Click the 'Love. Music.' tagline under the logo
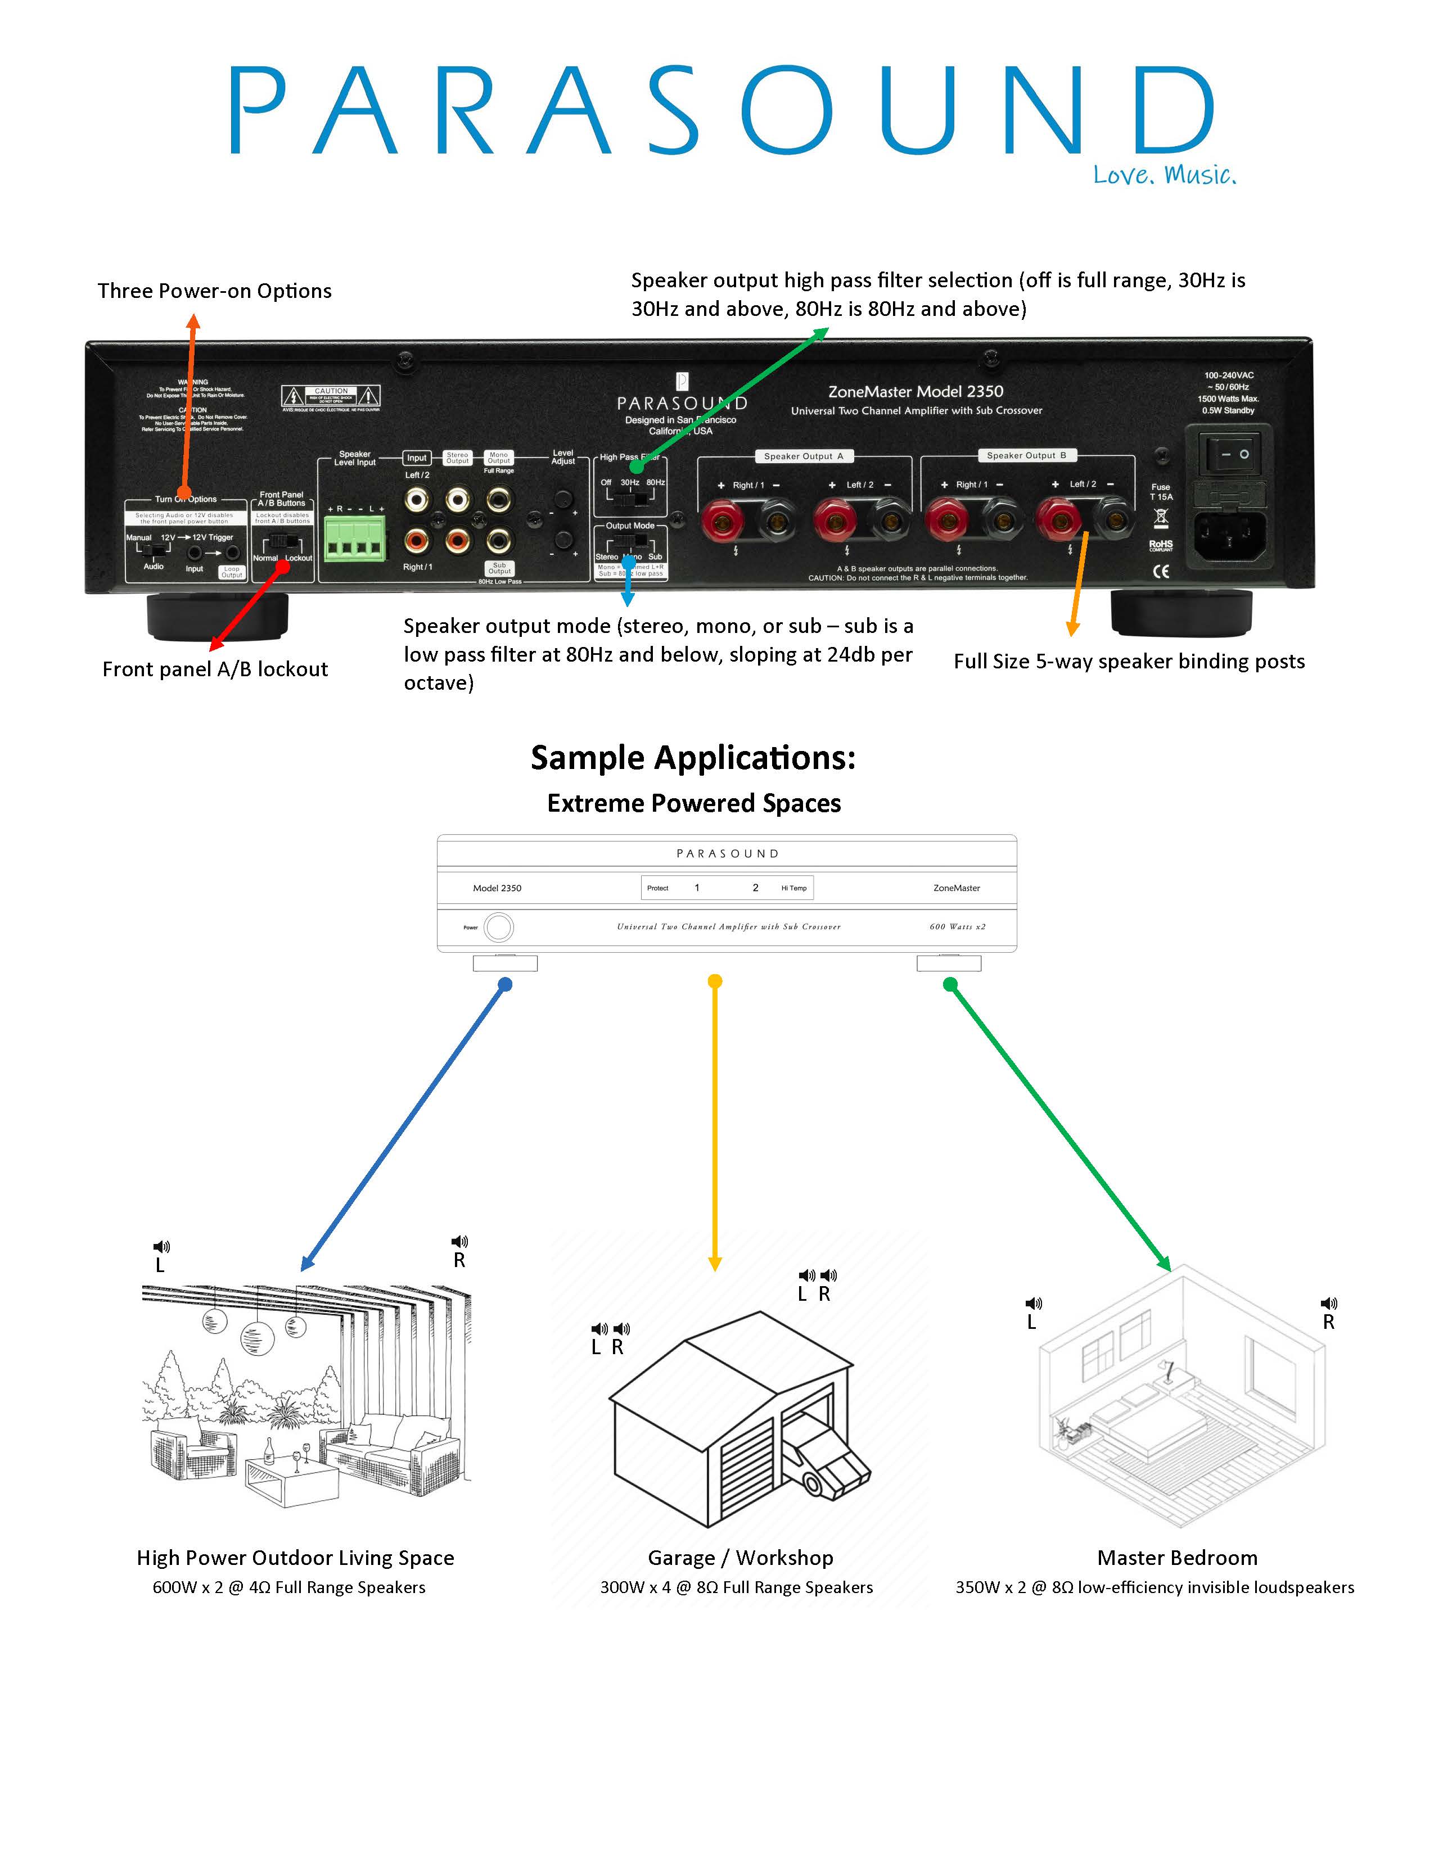point(1164,175)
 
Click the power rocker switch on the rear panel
point(1234,454)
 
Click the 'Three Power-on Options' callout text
point(214,291)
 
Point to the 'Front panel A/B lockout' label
point(215,669)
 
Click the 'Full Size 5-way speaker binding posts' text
point(1128,662)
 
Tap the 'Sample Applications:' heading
point(693,758)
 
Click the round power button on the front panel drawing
point(499,926)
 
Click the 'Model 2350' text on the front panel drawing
point(497,888)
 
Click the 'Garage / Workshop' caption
point(740,1558)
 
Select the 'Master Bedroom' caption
point(1176,1558)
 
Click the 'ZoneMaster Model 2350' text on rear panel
point(916,392)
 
